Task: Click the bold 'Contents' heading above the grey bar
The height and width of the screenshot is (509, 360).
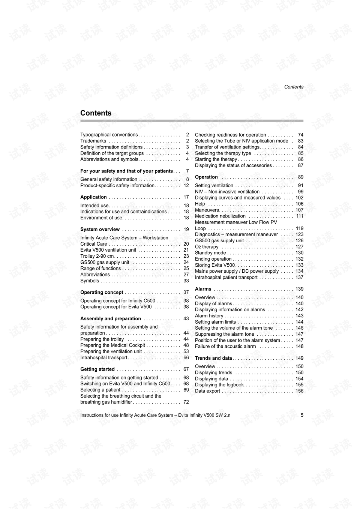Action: tap(96, 113)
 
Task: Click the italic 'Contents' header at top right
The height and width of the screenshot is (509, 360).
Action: tap(294, 87)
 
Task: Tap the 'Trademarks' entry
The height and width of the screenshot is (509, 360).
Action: tap(93, 141)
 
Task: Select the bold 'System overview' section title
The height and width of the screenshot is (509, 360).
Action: tap(100, 230)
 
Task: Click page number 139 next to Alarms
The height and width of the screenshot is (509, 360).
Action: tap(299, 289)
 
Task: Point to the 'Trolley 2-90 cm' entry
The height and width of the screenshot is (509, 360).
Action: tap(97, 256)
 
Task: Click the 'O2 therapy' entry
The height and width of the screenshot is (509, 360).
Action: tap(207, 247)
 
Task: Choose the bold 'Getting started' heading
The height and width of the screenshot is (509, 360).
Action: tap(97, 369)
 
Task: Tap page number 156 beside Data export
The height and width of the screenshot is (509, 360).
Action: tap(299, 391)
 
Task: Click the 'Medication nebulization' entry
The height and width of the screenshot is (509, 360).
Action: tap(220, 216)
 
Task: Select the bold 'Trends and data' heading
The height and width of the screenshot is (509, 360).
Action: tap(213, 358)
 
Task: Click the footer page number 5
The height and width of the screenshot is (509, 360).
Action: tap(302, 415)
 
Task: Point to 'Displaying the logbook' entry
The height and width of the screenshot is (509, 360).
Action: tap(219, 385)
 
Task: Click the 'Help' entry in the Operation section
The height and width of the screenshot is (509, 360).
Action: tap(200, 204)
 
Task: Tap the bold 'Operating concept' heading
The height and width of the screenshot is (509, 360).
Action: tap(102, 293)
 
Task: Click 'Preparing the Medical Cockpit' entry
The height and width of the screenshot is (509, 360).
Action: tap(112, 345)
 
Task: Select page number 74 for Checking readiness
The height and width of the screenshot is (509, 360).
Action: tap(300, 135)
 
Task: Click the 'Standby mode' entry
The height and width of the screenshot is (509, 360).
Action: tap(210, 253)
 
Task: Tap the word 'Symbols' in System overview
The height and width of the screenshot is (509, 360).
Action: tap(90, 281)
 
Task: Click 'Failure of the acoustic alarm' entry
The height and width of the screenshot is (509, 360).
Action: tap(225, 347)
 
